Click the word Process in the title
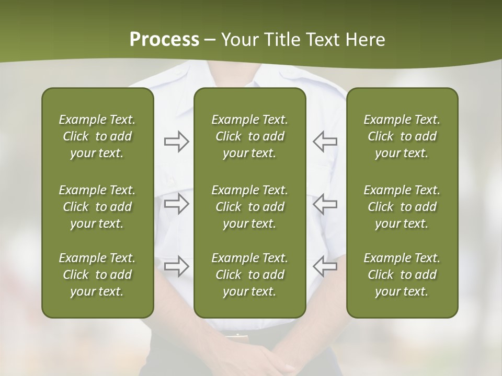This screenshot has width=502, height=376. tap(164, 40)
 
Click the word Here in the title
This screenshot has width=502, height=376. tap(364, 40)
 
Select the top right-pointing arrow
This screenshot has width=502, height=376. tap(176, 142)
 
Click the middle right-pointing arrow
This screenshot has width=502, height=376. tap(176, 204)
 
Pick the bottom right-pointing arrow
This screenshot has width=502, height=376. tap(176, 266)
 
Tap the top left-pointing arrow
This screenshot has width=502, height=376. tap(325, 142)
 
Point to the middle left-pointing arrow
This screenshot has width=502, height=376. tap(325, 204)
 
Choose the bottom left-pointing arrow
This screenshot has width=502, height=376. tap(325, 266)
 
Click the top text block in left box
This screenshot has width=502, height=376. tap(97, 136)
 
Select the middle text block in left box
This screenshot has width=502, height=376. tap(97, 207)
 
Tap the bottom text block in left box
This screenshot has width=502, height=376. tap(97, 275)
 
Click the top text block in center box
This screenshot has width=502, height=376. tap(249, 136)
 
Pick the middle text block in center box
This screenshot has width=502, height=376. tap(249, 207)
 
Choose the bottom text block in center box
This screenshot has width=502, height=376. tap(249, 275)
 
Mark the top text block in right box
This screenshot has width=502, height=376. tap(402, 136)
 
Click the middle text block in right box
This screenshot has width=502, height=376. tap(402, 207)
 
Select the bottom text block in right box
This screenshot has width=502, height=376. tap(402, 275)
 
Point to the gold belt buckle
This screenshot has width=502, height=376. tap(237, 336)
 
